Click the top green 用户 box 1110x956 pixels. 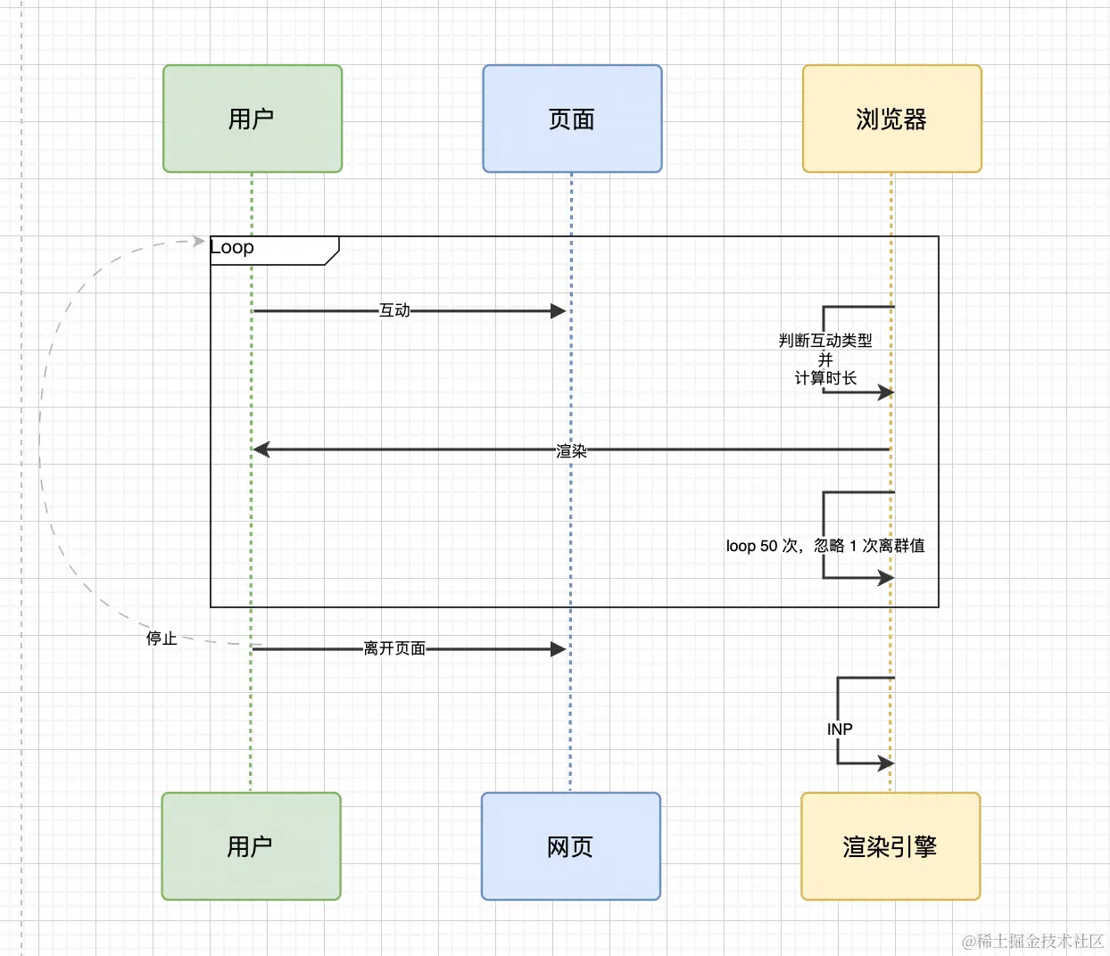(253, 119)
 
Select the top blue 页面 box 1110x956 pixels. (572, 119)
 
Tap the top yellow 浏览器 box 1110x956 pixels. (891, 119)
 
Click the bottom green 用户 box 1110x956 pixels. (251, 846)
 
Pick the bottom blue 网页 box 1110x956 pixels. (570, 846)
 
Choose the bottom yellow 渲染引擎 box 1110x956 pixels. (890, 846)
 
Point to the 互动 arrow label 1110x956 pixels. (394, 310)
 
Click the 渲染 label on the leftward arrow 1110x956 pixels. (571, 451)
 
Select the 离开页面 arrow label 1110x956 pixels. (394, 648)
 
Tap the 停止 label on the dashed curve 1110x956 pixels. (162, 639)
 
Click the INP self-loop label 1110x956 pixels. (840, 729)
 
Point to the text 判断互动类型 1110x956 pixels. (825, 341)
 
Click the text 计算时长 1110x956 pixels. (825, 378)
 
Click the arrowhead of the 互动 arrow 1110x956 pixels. (559, 310)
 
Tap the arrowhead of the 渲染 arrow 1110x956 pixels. (261, 449)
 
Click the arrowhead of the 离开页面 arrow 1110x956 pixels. (559, 649)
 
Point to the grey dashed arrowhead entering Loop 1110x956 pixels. (199, 241)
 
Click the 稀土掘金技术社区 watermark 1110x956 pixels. (1032, 941)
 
